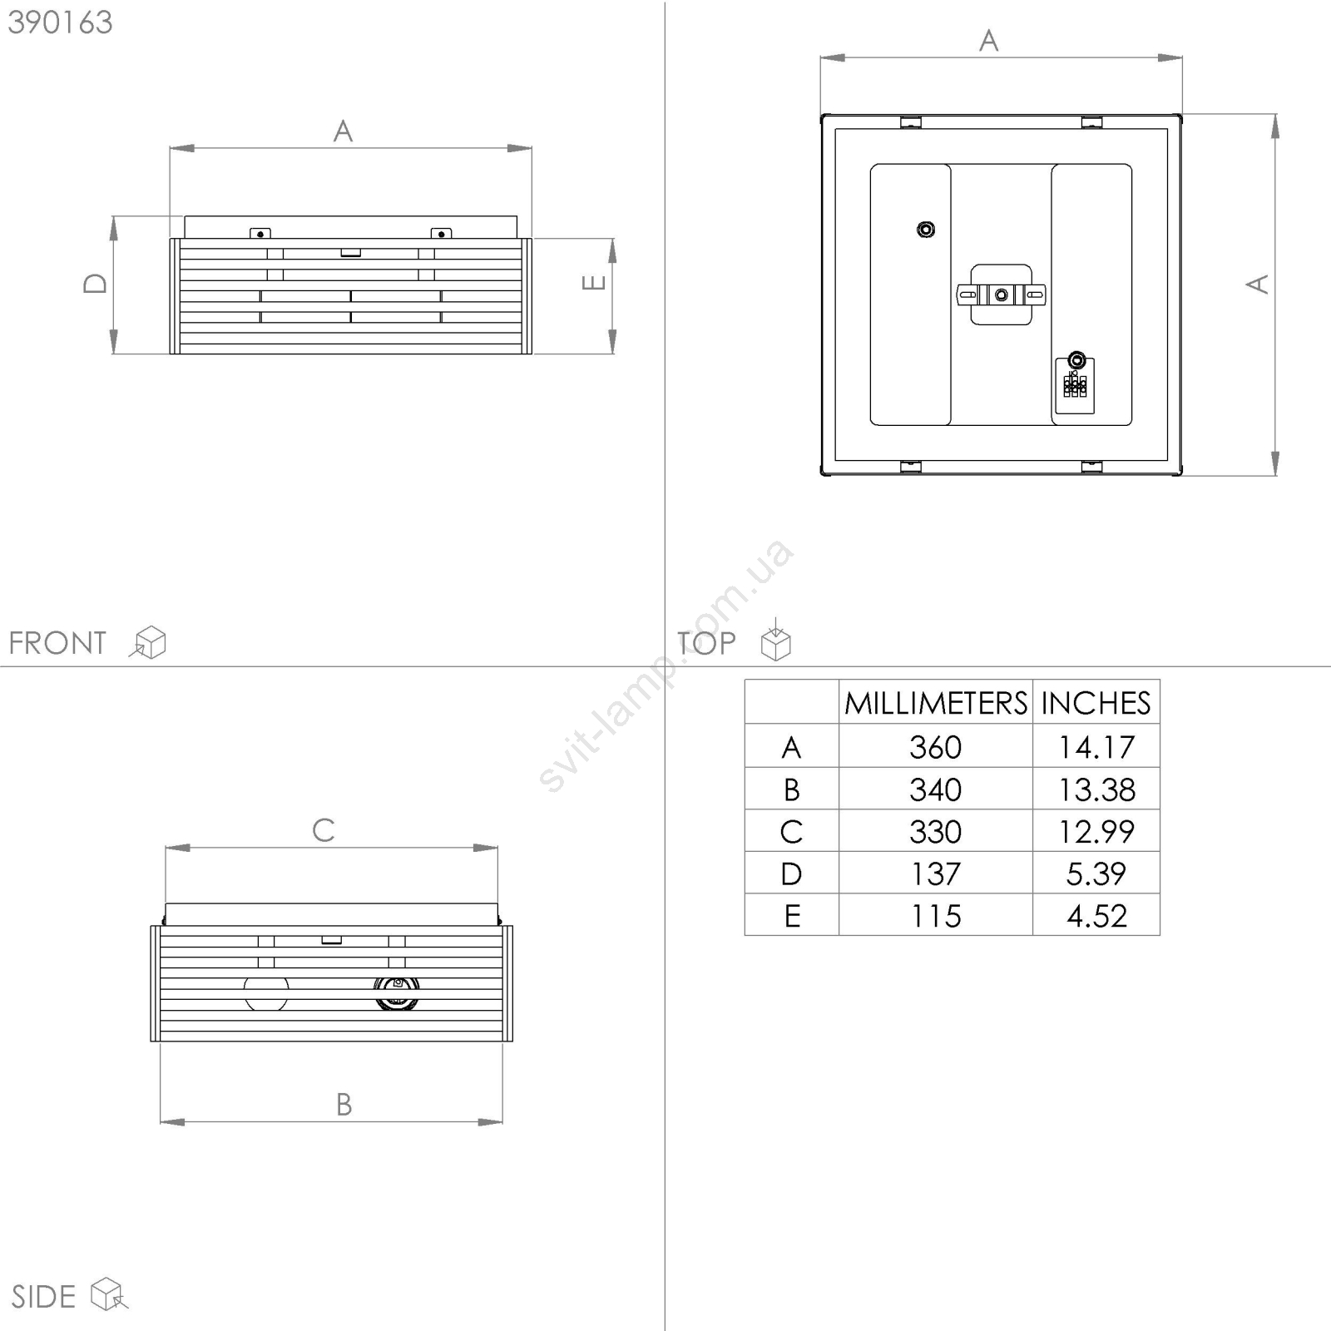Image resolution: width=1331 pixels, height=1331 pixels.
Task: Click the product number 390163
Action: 60,22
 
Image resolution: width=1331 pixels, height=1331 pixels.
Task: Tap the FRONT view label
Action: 57,643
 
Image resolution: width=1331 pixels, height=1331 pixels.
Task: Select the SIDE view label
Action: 43,1297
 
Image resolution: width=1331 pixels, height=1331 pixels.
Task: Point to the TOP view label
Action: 706,643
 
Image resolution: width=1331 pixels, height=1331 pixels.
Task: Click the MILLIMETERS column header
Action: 936,704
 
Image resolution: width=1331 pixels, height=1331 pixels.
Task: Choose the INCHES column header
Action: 1096,704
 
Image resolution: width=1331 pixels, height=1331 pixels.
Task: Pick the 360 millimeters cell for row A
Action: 936,747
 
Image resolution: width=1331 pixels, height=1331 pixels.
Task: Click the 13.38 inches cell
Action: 1096,789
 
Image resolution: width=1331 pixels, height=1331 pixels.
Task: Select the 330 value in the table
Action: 936,832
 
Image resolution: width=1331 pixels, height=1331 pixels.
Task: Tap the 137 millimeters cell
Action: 936,874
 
